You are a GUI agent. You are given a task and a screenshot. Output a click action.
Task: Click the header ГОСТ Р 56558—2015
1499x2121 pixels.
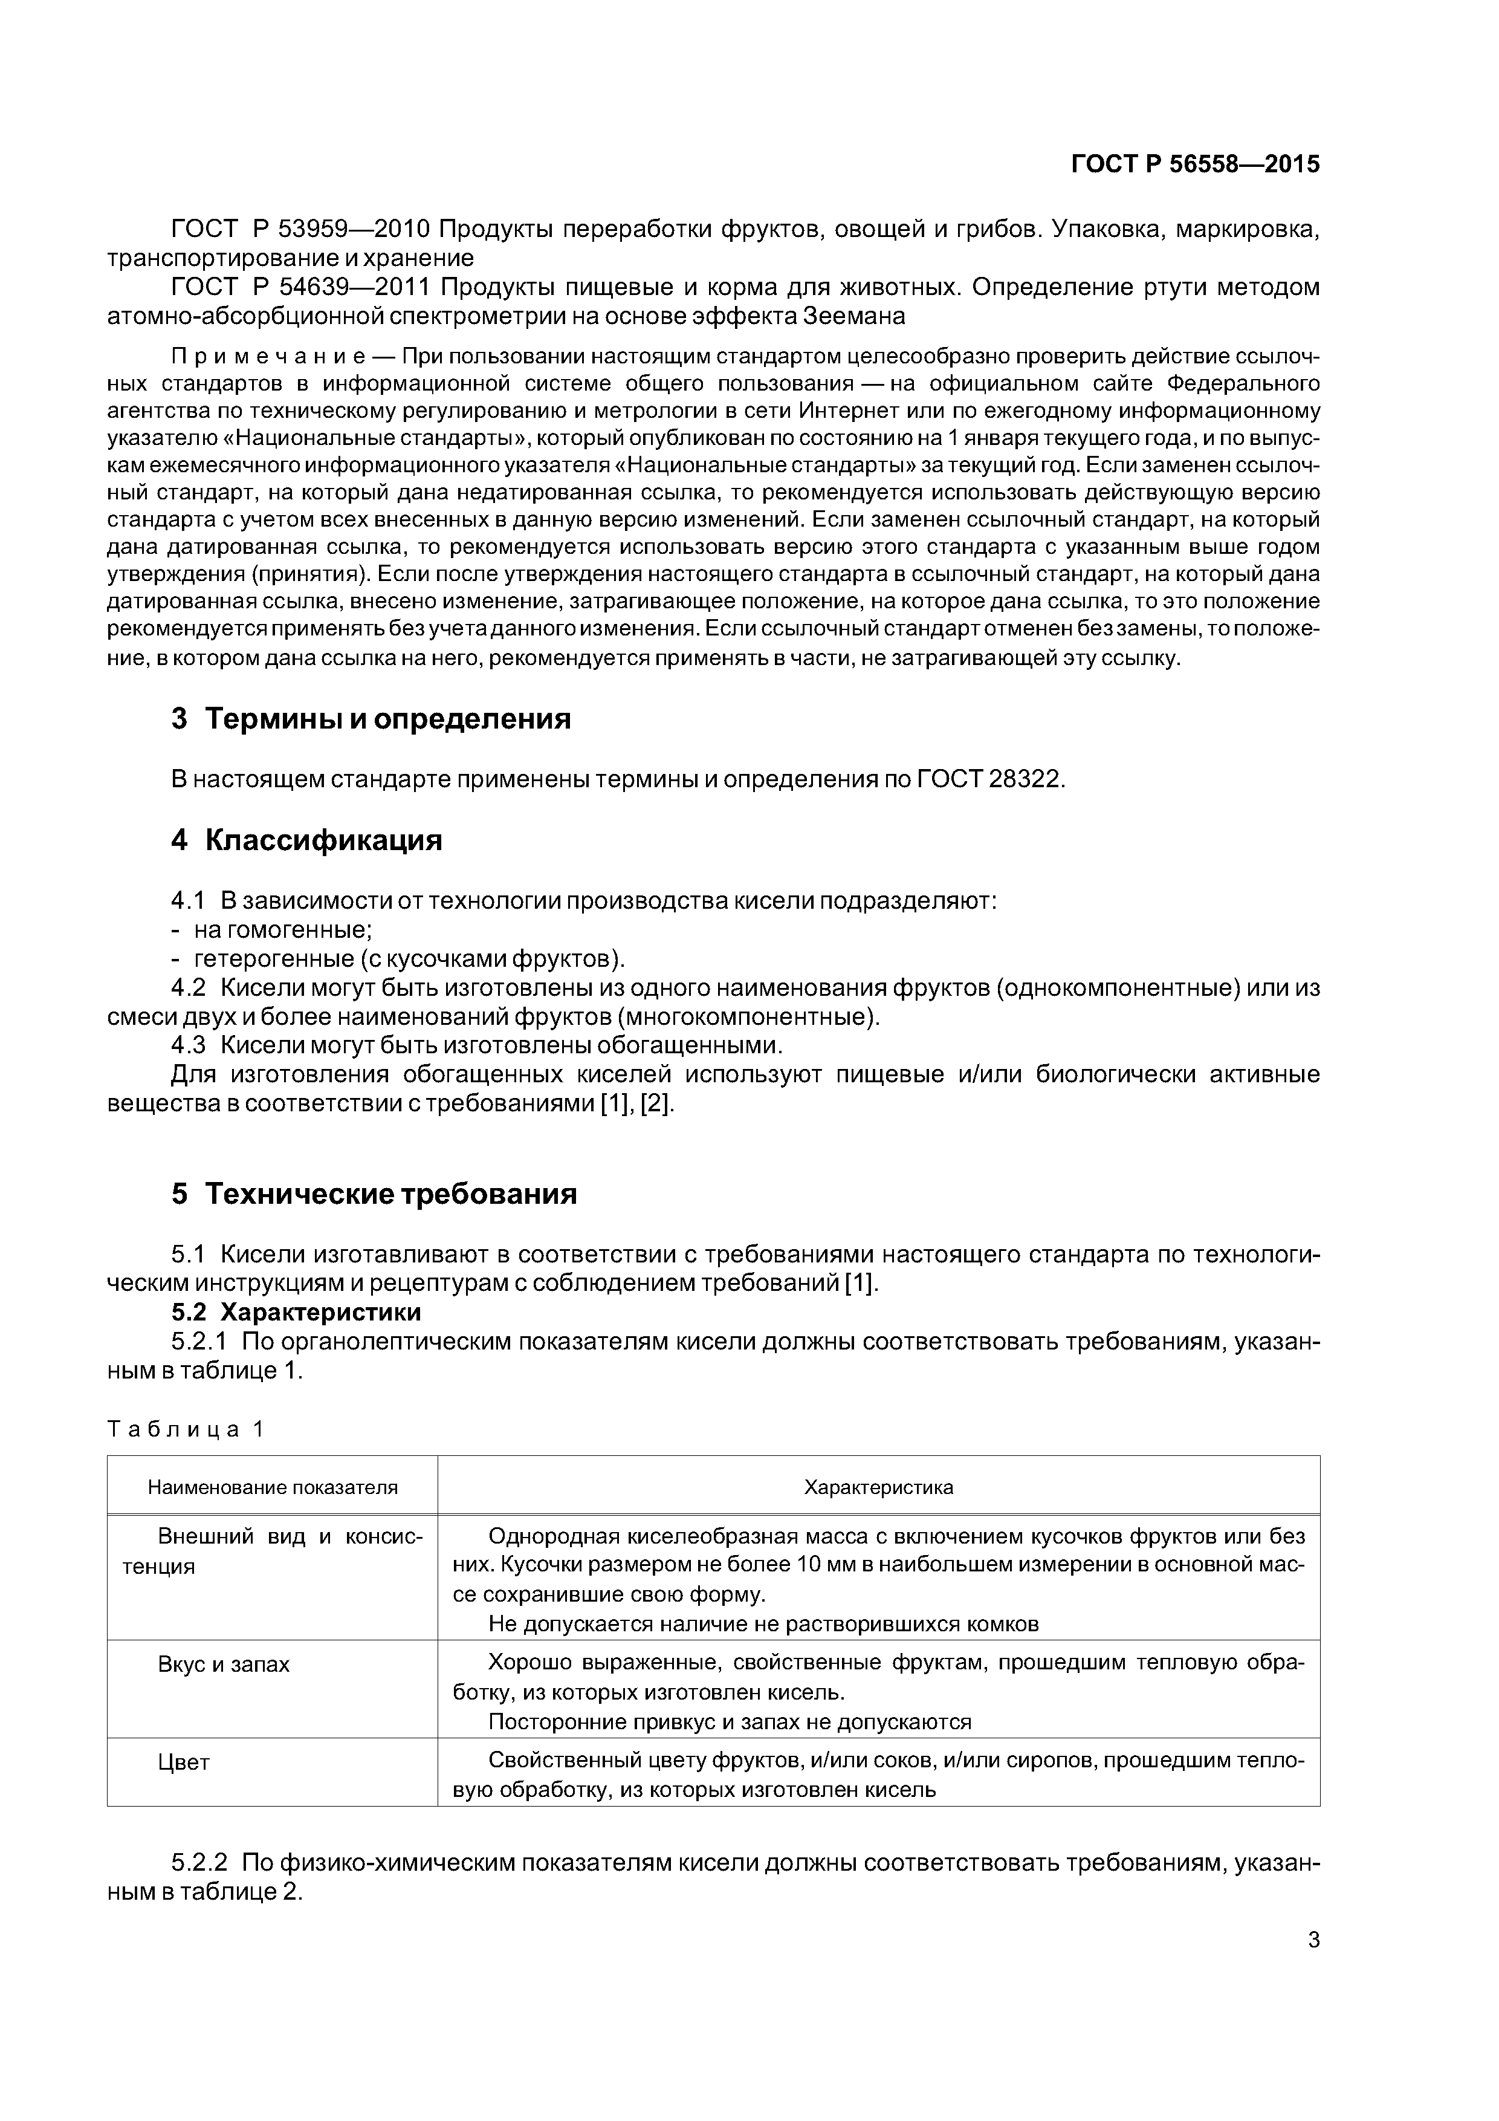[x=1195, y=164]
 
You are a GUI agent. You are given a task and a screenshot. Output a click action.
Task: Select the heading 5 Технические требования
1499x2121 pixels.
[x=374, y=1194]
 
